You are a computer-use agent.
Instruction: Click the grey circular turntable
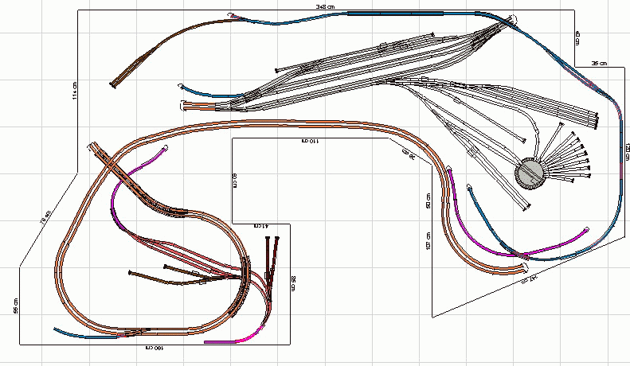[x=529, y=173]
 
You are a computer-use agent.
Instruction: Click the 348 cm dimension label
[x=326, y=6]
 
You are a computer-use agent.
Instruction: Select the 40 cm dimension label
[x=578, y=37]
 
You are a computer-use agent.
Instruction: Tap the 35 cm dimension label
[x=599, y=63]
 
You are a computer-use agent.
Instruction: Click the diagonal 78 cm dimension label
[x=45, y=216]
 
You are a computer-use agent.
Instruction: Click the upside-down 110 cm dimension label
[x=308, y=141]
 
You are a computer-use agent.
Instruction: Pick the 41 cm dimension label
[x=261, y=227]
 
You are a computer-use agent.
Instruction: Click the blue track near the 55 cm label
[x=80, y=333]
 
